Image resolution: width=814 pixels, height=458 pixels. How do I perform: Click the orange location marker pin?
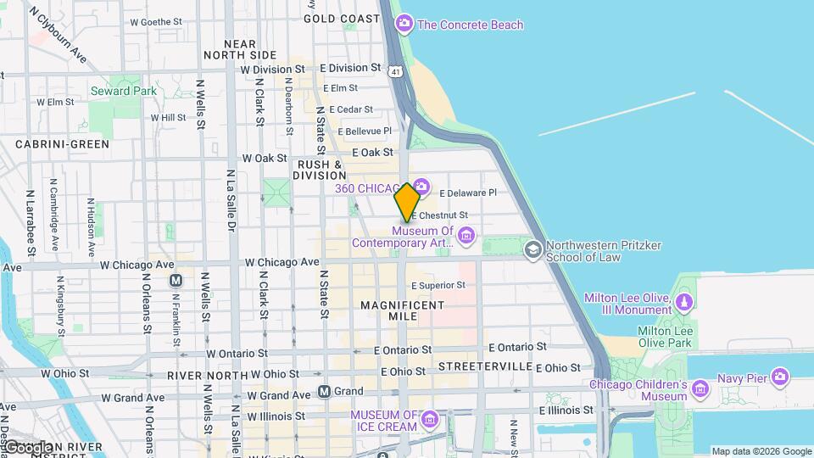407,202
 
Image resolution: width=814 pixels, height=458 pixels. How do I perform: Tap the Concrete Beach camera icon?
405,24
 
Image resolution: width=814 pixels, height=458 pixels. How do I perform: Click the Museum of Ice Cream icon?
431,419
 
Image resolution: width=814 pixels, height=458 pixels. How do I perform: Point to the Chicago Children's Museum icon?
700,389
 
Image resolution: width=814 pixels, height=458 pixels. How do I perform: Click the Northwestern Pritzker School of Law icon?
532,249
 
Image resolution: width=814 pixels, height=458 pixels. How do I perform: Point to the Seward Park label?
123,91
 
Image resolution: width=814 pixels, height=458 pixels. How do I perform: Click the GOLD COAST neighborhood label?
342,18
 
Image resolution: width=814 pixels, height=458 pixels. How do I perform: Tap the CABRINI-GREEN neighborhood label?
62,144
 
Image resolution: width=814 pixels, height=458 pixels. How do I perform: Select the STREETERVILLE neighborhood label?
485,366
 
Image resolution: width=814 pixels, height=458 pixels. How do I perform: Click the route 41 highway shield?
396,73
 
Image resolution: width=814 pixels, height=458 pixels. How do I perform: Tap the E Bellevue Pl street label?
365,131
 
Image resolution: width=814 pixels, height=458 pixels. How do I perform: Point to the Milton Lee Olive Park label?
665,337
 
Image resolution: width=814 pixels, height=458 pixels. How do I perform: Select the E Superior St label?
438,285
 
